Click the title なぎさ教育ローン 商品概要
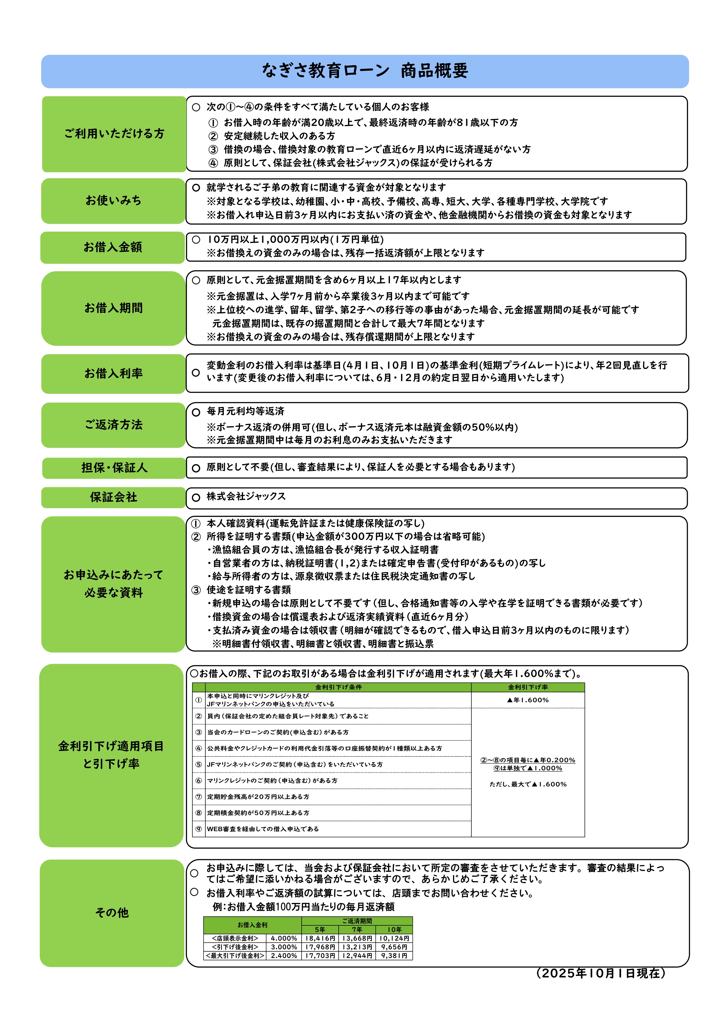(365, 71)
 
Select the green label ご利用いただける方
(114, 134)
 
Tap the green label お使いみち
(113, 201)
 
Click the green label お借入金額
(113, 247)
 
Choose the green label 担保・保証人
(114, 468)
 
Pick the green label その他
(112, 913)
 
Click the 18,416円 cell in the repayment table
(320, 938)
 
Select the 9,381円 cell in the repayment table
(394, 956)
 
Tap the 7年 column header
(357, 929)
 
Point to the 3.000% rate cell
(284, 947)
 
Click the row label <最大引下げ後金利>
(235, 956)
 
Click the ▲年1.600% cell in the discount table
(528, 700)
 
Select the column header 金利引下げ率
(528, 687)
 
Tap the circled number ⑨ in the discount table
(199, 829)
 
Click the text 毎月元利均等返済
(245, 412)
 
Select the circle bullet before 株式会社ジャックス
(196, 498)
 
